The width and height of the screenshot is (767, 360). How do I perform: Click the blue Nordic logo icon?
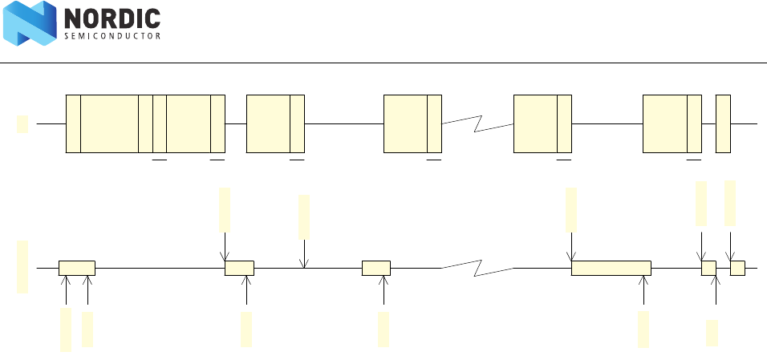click(29, 23)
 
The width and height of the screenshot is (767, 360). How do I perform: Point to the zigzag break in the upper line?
click(477, 123)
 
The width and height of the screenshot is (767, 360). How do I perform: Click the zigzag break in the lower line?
click(477, 268)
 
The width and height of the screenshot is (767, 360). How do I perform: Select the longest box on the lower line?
click(611, 268)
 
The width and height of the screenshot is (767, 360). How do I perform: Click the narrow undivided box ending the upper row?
click(723, 123)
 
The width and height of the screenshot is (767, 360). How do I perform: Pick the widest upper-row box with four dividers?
click(145, 123)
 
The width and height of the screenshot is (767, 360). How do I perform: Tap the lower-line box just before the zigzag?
click(376, 268)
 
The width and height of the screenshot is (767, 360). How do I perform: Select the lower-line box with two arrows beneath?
click(77, 268)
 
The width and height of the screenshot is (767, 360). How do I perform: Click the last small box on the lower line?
click(737, 268)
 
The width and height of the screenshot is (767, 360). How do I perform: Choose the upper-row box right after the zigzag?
click(542, 123)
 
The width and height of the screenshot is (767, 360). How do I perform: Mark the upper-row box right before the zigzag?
click(412, 123)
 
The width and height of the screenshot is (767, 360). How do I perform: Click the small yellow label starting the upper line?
click(22, 123)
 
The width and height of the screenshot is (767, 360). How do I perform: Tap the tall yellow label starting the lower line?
click(22, 266)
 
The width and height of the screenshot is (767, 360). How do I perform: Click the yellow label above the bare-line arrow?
click(304, 216)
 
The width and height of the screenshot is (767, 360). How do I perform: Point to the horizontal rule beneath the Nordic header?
click(383, 62)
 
